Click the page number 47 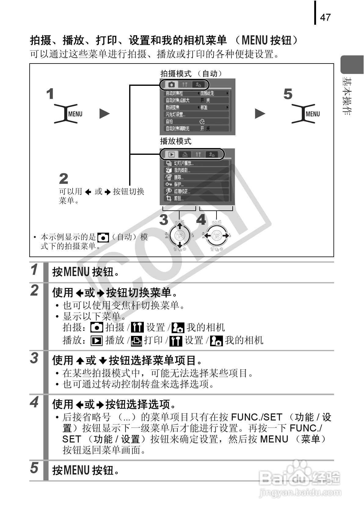click(x=325, y=17)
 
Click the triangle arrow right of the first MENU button click(x=104, y=114)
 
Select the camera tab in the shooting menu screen click(x=172, y=84)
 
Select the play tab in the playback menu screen click(x=172, y=154)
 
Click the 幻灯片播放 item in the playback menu click(x=184, y=163)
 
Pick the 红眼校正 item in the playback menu click(x=182, y=191)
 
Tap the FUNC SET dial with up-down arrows click(x=180, y=235)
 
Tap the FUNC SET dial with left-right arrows click(x=217, y=235)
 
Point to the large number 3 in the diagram click(x=164, y=220)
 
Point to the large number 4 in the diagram click(x=201, y=220)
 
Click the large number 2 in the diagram click(x=64, y=179)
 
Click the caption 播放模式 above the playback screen click(x=176, y=141)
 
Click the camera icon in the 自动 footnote click(x=103, y=237)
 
